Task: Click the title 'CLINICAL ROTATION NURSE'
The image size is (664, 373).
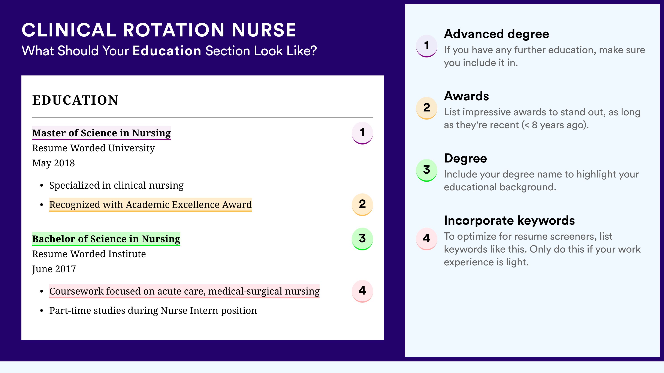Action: tap(159, 30)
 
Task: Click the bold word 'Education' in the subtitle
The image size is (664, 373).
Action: tap(167, 51)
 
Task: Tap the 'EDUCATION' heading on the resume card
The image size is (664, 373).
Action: tap(75, 100)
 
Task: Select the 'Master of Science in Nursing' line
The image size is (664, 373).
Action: tap(101, 133)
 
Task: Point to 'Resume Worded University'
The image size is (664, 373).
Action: tap(93, 148)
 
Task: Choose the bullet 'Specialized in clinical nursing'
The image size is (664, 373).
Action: tap(116, 185)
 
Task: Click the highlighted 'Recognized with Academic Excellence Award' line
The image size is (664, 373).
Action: tap(151, 205)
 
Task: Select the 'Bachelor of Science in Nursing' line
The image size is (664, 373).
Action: tap(106, 239)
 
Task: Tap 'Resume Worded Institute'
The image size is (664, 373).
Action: tap(89, 254)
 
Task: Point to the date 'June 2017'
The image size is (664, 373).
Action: tap(54, 269)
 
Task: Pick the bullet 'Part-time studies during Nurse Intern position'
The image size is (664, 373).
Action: tap(153, 311)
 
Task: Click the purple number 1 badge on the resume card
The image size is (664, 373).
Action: tap(362, 133)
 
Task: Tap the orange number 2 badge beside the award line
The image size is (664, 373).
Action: tap(362, 205)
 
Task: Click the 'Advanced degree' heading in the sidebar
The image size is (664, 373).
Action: tap(497, 34)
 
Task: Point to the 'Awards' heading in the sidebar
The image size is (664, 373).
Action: tap(466, 96)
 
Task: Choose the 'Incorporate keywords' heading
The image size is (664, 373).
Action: tap(509, 221)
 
